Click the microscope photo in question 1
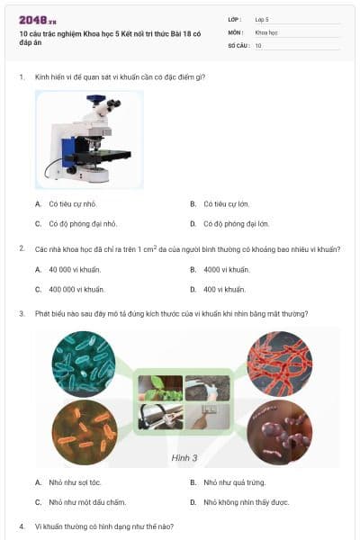point(89,139)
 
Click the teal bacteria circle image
point(84,363)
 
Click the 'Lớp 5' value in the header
point(262,18)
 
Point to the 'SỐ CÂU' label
point(238,44)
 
